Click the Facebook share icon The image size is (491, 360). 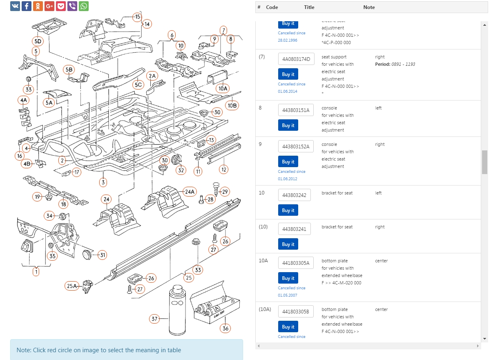pos(27,6)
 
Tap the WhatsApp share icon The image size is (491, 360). pos(84,6)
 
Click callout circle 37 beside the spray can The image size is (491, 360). pos(154,319)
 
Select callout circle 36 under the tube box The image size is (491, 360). pos(225,328)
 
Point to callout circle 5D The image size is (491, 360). pos(38,41)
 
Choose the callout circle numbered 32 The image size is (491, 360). pos(181,170)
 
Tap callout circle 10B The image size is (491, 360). pos(232,105)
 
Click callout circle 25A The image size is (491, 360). pos(72,286)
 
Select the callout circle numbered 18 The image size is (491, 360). pos(63,204)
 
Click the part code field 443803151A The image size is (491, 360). pos(296,110)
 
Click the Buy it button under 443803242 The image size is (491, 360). pos(288,210)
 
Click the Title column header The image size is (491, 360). pos(309,7)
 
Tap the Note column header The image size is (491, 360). pos(369,7)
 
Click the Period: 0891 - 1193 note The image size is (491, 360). pos(395,64)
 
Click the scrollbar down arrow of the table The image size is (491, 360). pos(484,339)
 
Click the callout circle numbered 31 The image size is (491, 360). pos(103,255)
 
